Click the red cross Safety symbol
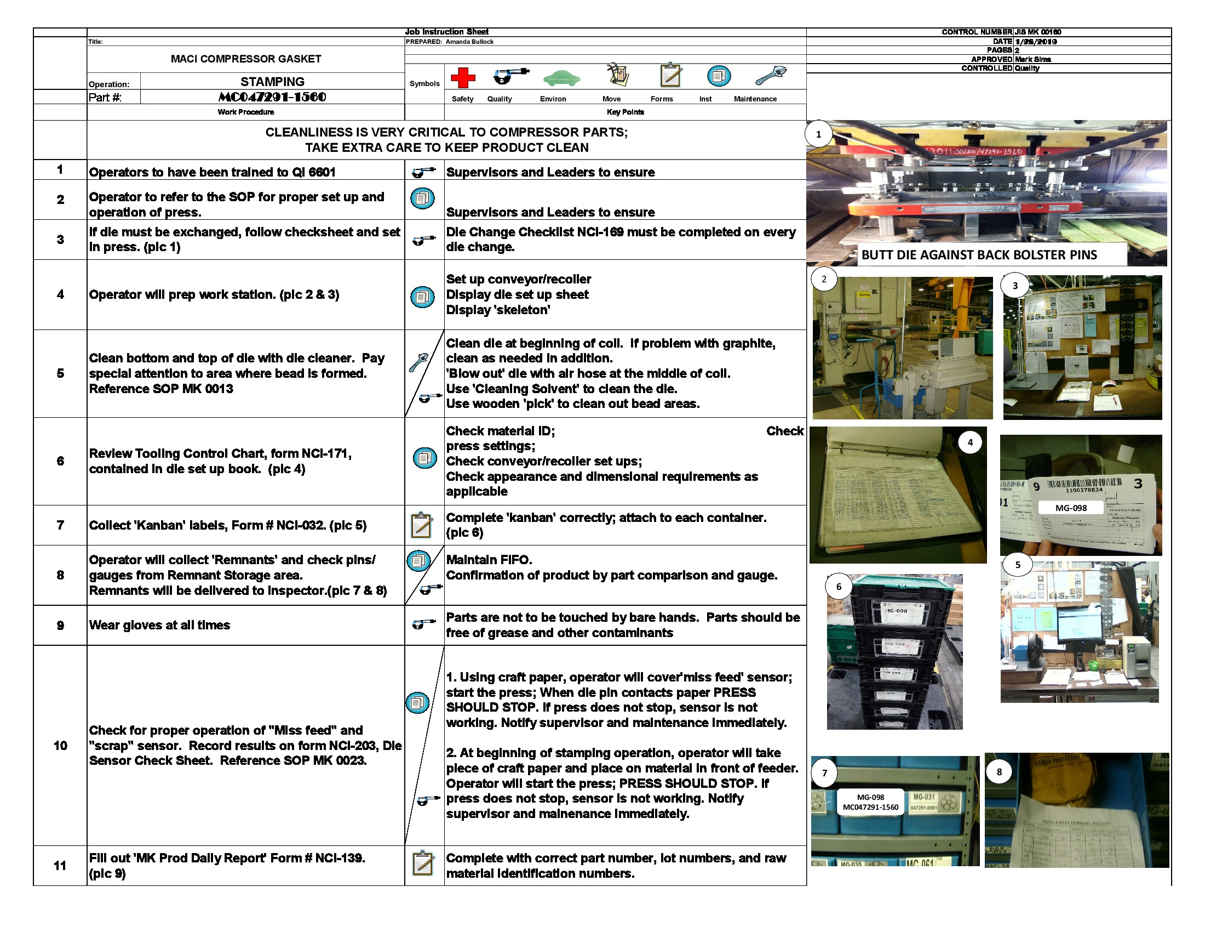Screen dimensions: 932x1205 pyautogui.click(x=462, y=78)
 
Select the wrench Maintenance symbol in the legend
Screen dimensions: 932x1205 pyautogui.click(x=771, y=75)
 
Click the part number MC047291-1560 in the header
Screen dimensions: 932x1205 pyautogui.click(x=272, y=97)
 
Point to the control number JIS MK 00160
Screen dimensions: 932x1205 pyautogui.click(x=1037, y=32)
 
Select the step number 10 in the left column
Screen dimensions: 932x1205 pyautogui.click(x=60, y=746)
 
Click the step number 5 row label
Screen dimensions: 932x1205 pyautogui.click(x=60, y=373)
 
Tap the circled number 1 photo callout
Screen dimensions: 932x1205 pyautogui.click(x=818, y=134)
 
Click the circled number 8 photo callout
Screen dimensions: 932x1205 pyautogui.click(x=999, y=772)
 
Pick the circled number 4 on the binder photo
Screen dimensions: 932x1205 pyautogui.click(x=970, y=442)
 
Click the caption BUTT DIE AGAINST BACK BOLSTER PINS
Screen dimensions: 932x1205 pyautogui.click(x=979, y=255)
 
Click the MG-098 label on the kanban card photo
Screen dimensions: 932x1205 pyautogui.click(x=1070, y=508)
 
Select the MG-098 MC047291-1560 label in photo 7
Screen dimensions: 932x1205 pyautogui.click(x=870, y=802)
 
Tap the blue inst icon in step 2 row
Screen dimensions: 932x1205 pyautogui.click(x=423, y=198)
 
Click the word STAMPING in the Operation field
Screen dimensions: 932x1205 pyautogui.click(x=272, y=82)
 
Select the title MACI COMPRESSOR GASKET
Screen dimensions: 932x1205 pyautogui.click(x=245, y=59)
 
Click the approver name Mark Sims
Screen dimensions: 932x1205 pyautogui.click(x=1032, y=59)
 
